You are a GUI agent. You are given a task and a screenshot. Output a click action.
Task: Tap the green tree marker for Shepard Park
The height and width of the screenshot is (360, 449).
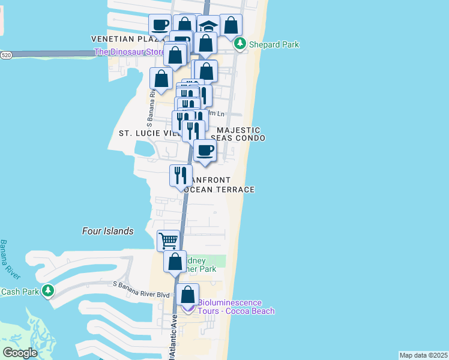coord(240,43)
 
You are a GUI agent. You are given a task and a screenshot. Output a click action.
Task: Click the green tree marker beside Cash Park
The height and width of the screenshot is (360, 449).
coord(47,292)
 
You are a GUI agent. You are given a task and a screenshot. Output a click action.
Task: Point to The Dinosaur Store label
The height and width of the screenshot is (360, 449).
coord(128,52)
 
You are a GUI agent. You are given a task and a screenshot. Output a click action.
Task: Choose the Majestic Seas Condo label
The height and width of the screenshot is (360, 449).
coord(239,134)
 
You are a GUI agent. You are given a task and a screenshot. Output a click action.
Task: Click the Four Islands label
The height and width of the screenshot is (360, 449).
coord(107,231)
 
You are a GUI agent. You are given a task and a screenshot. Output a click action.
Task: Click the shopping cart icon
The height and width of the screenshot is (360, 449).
coord(168,241)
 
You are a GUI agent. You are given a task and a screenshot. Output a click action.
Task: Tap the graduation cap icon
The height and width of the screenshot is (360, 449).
coord(208,26)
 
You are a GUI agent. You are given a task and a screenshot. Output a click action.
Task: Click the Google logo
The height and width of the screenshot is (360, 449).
coord(20,352)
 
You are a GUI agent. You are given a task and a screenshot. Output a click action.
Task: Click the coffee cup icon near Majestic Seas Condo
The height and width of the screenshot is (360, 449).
coord(205,150)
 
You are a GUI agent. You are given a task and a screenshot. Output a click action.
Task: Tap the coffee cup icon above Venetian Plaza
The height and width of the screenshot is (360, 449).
coord(160,25)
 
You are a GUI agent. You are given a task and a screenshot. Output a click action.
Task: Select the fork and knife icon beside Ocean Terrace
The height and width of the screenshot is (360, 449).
coord(181,175)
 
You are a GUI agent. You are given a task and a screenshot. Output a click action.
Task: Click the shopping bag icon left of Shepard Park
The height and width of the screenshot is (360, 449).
coord(231,25)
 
